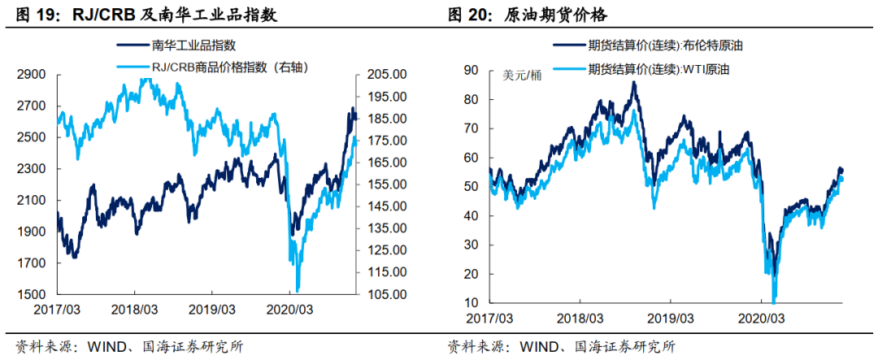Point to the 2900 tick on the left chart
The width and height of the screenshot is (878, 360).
[x=32, y=75]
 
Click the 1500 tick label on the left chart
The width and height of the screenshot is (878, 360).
[x=32, y=294]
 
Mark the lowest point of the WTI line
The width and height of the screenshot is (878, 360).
[x=774, y=302]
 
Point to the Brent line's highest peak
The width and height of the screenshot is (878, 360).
[x=633, y=82]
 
